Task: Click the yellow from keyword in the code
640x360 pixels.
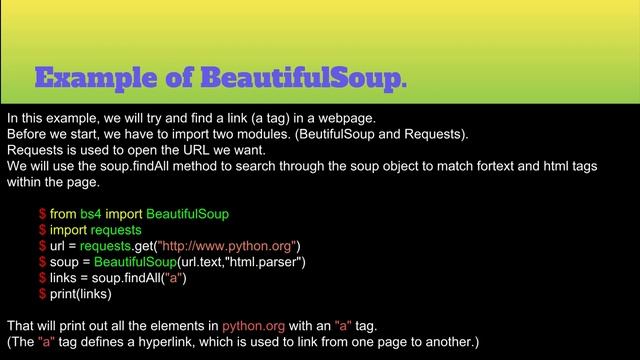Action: [x=63, y=214]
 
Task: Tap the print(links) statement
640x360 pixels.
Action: [x=81, y=294]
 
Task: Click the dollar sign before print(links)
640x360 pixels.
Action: [x=42, y=294]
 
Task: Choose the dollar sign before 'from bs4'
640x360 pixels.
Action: [x=42, y=214]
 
